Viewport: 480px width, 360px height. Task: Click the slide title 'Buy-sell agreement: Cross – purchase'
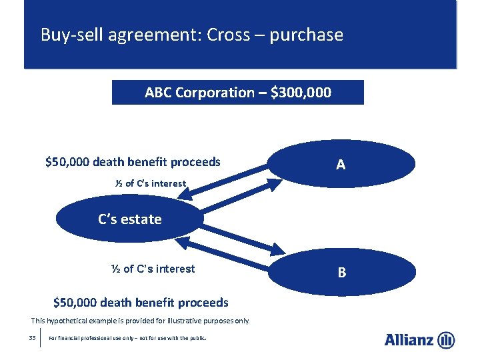[192, 35]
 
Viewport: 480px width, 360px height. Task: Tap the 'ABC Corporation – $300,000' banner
[237, 93]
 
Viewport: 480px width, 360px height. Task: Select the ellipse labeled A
[341, 164]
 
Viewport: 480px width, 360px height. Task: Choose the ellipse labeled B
[341, 272]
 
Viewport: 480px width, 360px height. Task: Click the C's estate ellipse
[129, 219]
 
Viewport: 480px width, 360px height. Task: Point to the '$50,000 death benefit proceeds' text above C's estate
[133, 162]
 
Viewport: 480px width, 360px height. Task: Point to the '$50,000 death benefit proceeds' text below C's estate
[141, 303]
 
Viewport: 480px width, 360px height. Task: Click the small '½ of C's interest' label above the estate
[150, 183]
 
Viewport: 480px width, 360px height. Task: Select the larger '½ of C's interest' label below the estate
[153, 269]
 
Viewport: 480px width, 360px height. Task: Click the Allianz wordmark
[409, 340]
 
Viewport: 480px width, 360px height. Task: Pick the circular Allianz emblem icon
[446, 340]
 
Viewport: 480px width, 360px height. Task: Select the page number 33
[32, 338]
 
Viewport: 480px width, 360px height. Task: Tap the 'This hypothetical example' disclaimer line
[141, 321]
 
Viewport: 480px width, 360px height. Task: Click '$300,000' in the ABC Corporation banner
[301, 93]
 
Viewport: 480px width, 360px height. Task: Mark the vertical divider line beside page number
[41, 338]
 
